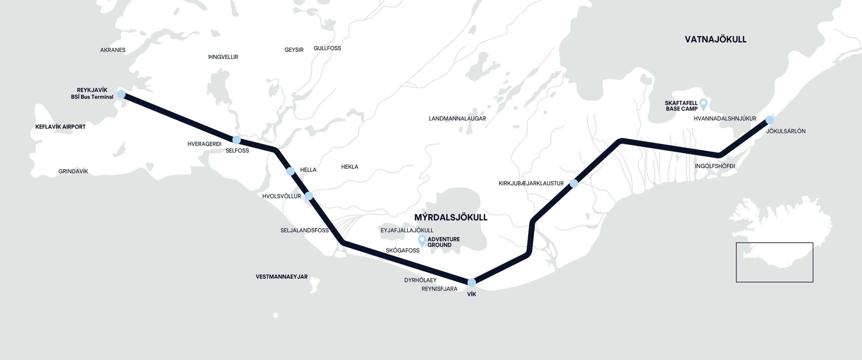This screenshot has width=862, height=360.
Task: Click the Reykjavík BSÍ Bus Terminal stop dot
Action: click(x=121, y=94)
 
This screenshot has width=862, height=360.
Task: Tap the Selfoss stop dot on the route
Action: click(x=237, y=140)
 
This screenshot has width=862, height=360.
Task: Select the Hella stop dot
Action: click(x=290, y=171)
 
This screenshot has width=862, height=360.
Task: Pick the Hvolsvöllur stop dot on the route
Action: click(x=309, y=196)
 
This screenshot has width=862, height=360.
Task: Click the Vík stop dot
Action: click(x=471, y=282)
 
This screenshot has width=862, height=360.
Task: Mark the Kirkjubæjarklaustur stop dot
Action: click(x=574, y=183)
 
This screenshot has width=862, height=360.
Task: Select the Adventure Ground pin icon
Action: click(x=422, y=240)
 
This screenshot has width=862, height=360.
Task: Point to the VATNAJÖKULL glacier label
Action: click(x=715, y=40)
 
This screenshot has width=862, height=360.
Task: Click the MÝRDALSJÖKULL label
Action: click(x=451, y=217)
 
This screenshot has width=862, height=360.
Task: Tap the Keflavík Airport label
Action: click(x=61, y=127)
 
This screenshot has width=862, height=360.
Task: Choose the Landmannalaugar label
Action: click(x=457, y=119)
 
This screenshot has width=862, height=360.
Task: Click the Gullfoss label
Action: click(x=327, y=48)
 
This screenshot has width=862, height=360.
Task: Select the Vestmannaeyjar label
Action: click(x=281, y=277)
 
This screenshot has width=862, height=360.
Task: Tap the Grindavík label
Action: click(x=73, y=171)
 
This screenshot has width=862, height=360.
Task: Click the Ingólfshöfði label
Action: click(x=715, y=166)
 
